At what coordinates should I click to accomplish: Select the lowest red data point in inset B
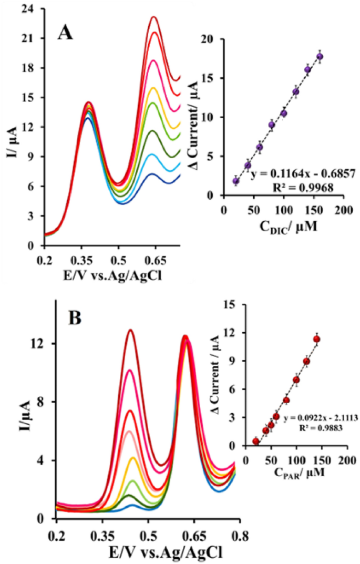click(256, 441)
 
